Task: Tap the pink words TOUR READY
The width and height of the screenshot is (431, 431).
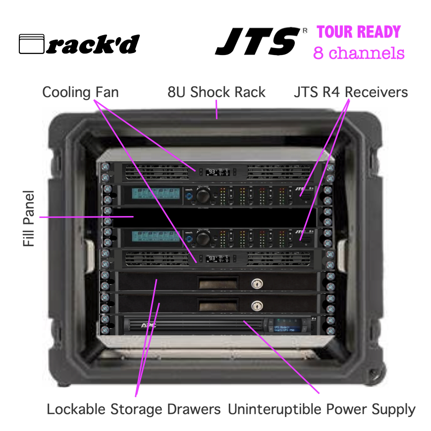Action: pyautogui.click(x=358, y=32)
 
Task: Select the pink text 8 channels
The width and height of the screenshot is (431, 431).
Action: pyautogui.click(x=359, y=53)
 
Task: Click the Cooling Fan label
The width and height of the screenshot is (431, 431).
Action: pyautogui.click(x=80, y=92)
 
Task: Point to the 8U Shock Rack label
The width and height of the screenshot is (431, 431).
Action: pyautogui.click(x=216, y=92)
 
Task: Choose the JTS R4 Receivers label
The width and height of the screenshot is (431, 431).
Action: pyautogui.click(x=351, y=92)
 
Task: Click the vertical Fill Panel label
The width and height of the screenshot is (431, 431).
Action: pyautogui.click(x=28, y=218)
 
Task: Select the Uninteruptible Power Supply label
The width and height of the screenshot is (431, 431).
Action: pyautogui.click(x=322, y=410)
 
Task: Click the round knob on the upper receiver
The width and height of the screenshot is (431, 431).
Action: pyautogui.click(x=203, y=196)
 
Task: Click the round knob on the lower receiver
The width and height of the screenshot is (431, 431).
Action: pyautogui.click(x=203, y=238)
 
